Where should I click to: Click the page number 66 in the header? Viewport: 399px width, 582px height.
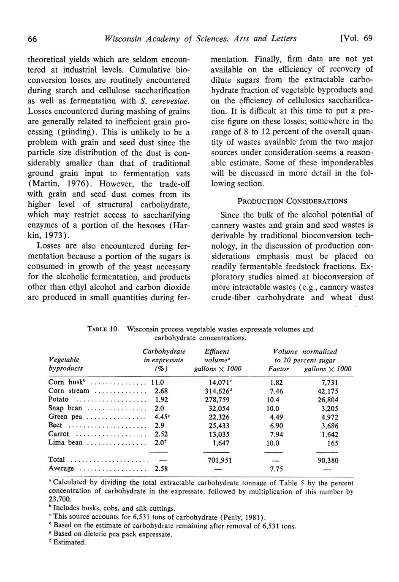[x=33, y=39]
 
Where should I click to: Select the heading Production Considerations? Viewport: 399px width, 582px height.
[x=292, y=201]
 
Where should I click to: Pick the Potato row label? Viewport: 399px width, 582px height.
[x=58, y=399]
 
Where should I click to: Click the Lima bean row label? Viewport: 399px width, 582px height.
[x=65, y=443]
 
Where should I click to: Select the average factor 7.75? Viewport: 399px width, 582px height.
[x=276, y=469]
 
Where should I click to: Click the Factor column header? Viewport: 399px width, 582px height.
[x=278, y=369]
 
